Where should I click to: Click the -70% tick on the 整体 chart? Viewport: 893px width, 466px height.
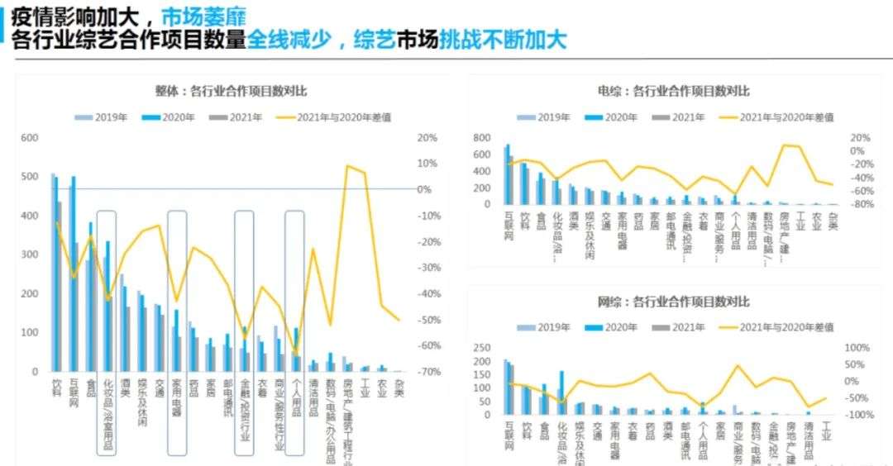point(426,372)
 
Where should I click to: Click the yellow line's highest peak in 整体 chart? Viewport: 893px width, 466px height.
point(348,166)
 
